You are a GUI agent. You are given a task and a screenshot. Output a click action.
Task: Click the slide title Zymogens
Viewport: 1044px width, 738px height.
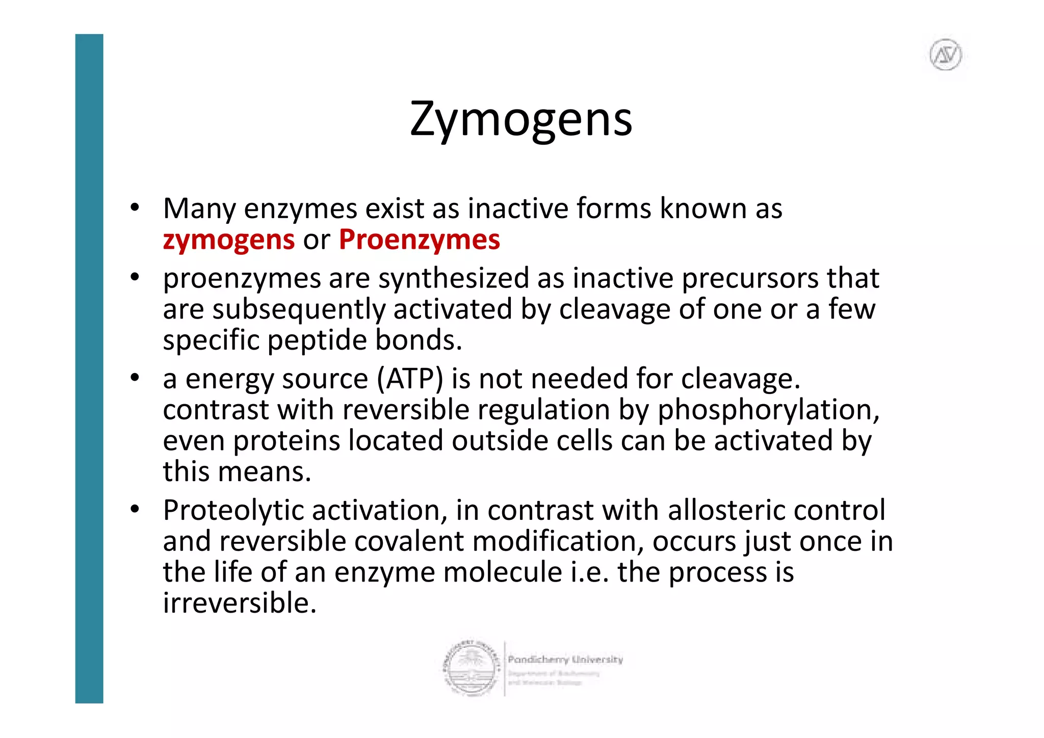pos(521,120)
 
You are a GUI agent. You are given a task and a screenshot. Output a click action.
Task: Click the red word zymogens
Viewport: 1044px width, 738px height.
pos(228,240)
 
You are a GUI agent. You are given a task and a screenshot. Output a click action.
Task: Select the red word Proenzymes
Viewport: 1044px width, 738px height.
pos(419,240)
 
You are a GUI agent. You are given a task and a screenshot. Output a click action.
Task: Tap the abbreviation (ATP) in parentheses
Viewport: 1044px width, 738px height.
pos(410,379)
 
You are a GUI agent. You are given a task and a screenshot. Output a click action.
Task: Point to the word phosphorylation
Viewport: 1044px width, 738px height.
pos(768,410)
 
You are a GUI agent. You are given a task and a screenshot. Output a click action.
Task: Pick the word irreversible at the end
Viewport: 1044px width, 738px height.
pos(240,603)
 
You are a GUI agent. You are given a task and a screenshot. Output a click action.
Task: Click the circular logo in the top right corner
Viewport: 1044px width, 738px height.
pos(946,55)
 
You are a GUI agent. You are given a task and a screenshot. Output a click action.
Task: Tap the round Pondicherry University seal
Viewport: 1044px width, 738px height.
pos(470,668)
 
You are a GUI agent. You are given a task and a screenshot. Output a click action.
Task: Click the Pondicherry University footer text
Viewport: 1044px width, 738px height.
pos(565,660)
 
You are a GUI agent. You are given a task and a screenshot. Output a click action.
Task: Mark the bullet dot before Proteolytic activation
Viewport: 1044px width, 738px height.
pos(135,509)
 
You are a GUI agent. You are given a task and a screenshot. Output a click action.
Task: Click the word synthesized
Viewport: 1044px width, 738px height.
pos(454,279)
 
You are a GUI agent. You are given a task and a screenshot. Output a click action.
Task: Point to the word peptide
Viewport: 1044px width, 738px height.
pos(317,340)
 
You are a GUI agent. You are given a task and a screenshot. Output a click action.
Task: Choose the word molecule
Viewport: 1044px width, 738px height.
pos(503,572)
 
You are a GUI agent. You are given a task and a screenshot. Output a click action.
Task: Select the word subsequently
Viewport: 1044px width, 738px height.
pos(298,310)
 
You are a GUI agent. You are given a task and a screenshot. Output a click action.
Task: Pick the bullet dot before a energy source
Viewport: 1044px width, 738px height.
pos(135,378)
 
